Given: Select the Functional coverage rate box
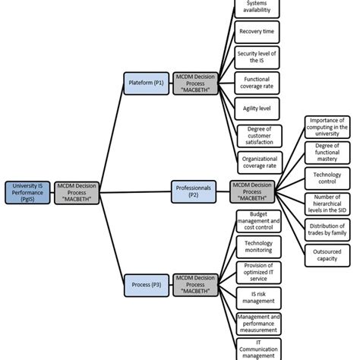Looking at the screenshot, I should tap(258, 82).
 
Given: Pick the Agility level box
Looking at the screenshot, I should tap(258, 109).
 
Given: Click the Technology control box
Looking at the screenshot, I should tap(327, 177).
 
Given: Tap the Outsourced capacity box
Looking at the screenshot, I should tap(327, 254).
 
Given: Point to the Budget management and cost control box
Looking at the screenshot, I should tap(258, 221).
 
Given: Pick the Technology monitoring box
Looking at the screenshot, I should tap(258, 246).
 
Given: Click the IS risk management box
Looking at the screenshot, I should tap(258, 297).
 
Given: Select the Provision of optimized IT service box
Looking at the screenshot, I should tap(258, 271).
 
